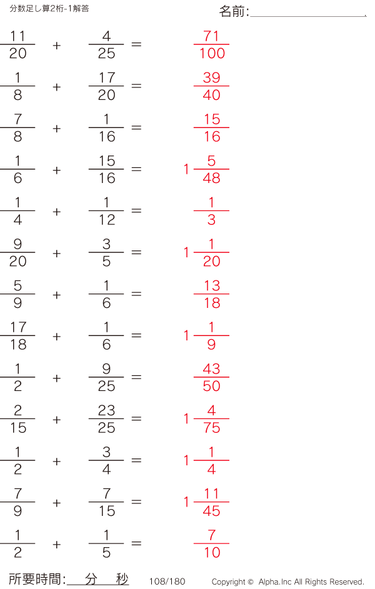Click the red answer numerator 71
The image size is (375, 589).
211,36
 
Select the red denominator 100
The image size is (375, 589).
212,53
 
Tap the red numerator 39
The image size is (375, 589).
211,77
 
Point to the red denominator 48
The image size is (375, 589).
211,178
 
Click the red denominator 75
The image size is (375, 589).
211,427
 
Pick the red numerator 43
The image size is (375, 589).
211,369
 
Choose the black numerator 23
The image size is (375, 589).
106,410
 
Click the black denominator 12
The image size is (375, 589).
107,220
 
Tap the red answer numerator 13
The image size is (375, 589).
212,286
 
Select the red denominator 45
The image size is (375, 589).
211,511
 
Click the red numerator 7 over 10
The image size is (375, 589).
211,535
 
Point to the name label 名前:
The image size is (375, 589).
234,11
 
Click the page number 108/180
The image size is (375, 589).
167,582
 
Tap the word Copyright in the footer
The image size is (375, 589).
229,582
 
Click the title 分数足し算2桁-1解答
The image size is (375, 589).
49,9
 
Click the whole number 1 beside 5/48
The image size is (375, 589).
186,169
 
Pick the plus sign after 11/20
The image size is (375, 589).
57,46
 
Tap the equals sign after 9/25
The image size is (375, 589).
136,377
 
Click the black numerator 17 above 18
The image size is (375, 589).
18,327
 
